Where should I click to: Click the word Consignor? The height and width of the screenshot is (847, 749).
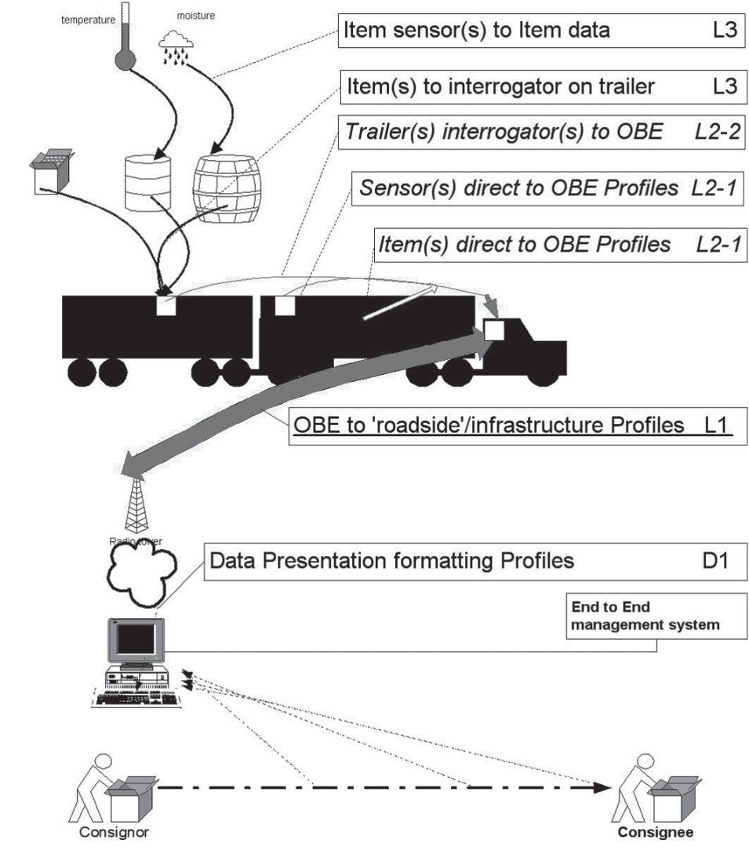coord(111,834)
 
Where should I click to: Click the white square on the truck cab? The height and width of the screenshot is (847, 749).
coord(493,329)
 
